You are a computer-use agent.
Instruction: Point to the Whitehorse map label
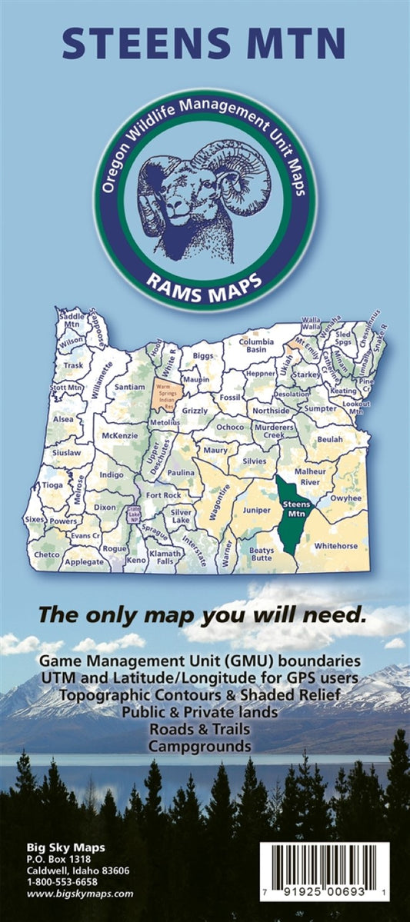click(x=335, y=545)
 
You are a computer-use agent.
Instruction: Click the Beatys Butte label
click(x=262, y=554)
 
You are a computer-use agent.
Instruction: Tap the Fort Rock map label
click(x=163, y=495)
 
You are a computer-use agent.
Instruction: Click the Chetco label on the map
click(x=46, y=554)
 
